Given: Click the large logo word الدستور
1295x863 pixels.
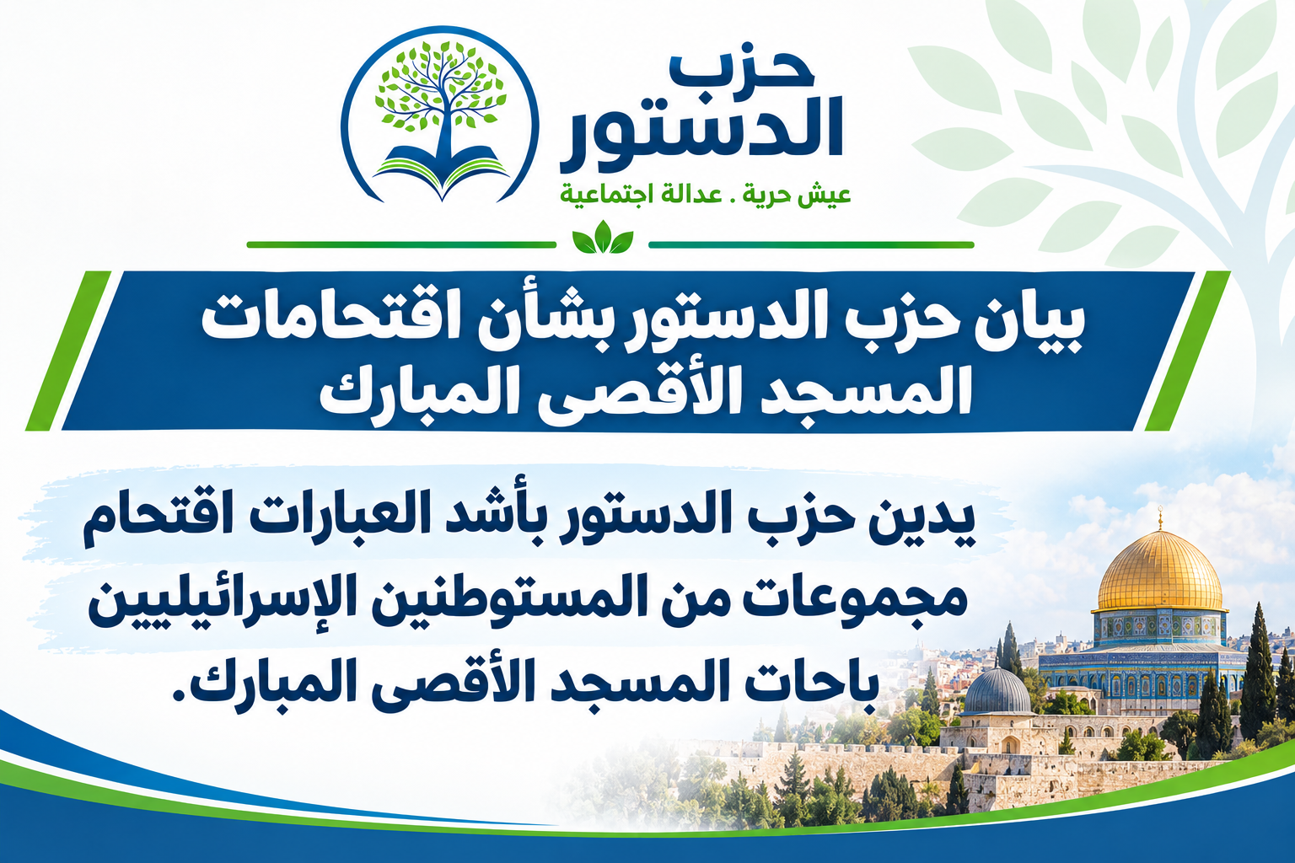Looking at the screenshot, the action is [701, 137].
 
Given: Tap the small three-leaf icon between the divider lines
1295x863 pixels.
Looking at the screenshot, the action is [603, 238].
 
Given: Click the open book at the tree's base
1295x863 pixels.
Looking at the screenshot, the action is [441, 169].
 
